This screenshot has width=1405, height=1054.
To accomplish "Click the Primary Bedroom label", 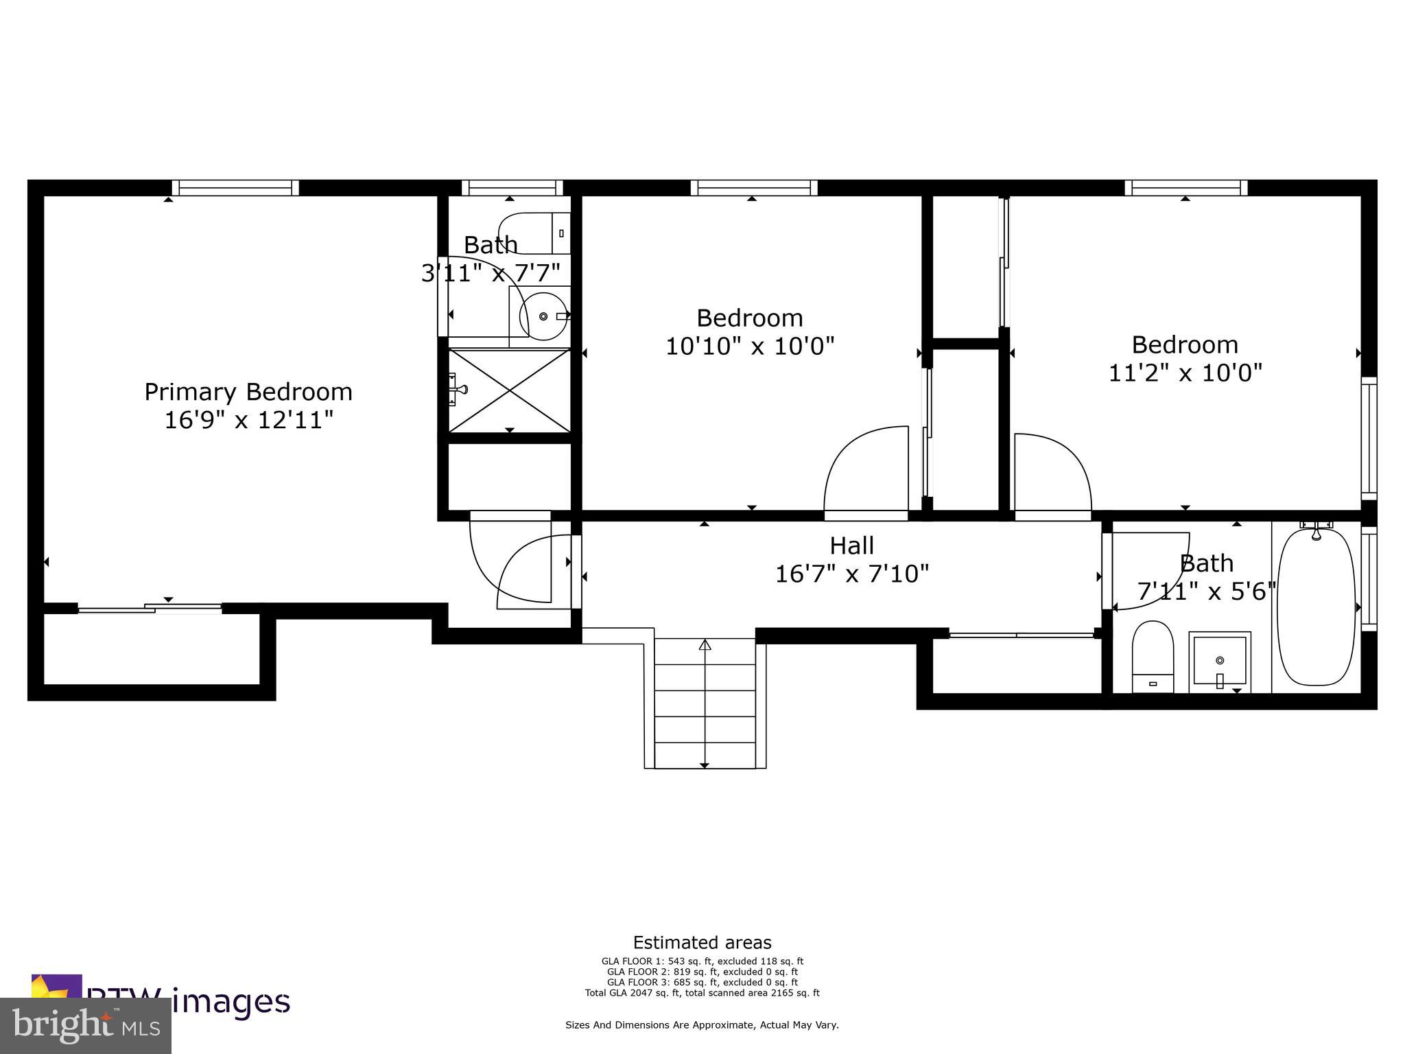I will click(x=248, y=392).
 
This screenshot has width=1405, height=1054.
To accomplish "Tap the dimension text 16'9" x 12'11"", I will click(x=248, y=420).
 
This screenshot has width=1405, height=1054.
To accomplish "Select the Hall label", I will click(x=851, y=546).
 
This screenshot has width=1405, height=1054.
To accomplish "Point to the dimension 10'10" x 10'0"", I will click(x=750, y=346).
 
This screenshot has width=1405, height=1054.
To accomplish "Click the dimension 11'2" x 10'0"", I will click(x=1185, y=373).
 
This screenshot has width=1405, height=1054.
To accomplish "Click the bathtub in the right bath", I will click(x=1316, y=607).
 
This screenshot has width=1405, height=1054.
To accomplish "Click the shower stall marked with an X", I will click(x=509, y=390).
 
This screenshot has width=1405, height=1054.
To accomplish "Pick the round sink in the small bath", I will click(x=544, y=316).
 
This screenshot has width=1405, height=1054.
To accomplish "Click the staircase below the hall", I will click(x=705, y=703).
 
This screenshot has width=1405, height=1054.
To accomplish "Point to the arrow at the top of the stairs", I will click(x=705, y=645).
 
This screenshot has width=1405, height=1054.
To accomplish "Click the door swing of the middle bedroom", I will click(x=866, y=470).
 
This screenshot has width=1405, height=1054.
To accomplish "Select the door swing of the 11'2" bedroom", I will click(x=1052, y=473).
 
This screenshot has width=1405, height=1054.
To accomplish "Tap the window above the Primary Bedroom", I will click(x=235, y=187).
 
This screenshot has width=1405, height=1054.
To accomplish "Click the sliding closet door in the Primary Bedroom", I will click(x=150, y=608).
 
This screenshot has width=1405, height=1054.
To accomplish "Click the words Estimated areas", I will click(x=702, y=942).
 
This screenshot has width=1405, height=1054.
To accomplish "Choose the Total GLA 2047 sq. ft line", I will click(x=702, y=992).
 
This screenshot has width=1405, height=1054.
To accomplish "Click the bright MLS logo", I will click(x=86, y=1025).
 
